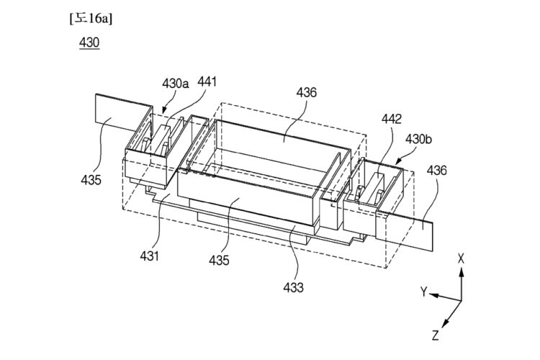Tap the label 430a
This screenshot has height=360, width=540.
176,84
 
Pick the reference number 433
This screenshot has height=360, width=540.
293,287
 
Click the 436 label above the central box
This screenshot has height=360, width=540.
306,92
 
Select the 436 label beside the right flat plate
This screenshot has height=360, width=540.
436,171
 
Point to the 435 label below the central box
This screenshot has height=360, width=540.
220,260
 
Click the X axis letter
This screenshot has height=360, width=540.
461,257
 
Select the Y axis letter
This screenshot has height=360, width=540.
425,292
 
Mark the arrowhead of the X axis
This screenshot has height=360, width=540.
461,270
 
